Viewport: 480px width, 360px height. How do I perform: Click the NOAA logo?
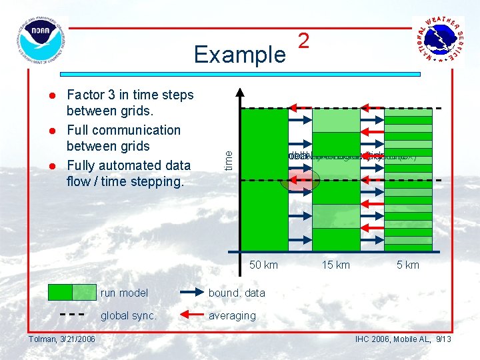click(41, 41)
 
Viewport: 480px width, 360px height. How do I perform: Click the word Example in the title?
click(239, 55)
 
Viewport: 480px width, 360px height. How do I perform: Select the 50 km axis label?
click(263, 265)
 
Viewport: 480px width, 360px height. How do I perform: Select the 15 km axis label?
click(335, 265)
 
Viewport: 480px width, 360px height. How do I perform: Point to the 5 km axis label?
click(407, 265)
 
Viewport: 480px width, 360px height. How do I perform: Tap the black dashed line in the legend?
click(72, 315)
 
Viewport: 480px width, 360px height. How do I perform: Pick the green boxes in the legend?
click(72, 292)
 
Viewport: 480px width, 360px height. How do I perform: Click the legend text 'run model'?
click(124, 293)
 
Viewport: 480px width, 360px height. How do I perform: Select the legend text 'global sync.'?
click(129, 315)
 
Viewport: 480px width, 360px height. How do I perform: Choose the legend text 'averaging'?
click(232, 315)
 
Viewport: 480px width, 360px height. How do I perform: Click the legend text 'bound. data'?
click(237, 293)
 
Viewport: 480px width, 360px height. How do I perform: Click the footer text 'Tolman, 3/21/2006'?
click(61, 339)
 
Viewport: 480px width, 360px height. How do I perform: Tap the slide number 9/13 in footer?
click(443, 339)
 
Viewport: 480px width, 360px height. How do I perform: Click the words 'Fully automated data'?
click(129, 165)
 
